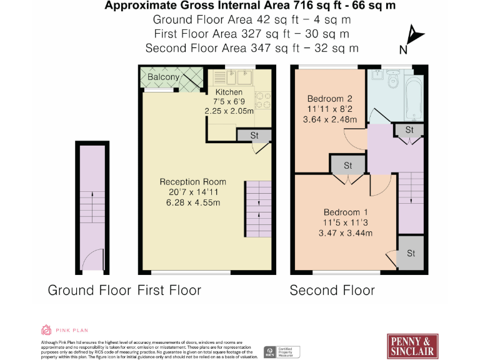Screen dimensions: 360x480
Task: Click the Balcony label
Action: click(164, 77)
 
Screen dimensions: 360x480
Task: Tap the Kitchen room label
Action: click(229, 92)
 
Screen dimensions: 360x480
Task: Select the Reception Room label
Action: click(193, 182)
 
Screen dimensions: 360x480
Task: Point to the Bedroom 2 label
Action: click(330, 98)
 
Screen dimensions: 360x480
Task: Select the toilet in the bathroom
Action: click(394, 81)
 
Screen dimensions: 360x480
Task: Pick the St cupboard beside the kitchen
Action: click(254, 136)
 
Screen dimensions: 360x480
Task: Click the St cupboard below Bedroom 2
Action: click(348, 166)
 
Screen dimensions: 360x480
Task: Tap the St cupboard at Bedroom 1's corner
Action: click(411, 253)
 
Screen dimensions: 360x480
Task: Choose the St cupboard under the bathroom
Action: click(409, 130)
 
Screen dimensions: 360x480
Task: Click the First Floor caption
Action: click(169, 290)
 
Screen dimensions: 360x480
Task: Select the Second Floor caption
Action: click(332, 290)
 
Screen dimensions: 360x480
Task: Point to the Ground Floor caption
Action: click(89, 290)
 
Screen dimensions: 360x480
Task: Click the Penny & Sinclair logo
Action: click(411, 345)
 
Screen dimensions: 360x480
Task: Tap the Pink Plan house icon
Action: click(46, 330)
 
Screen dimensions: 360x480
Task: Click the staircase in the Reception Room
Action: click(258, 209)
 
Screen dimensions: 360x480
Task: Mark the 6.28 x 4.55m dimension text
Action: click(193, 203)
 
